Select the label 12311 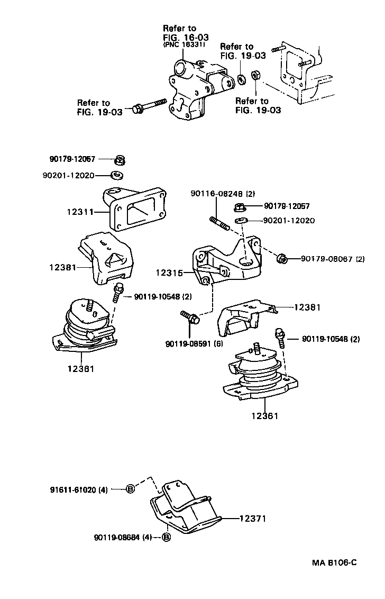coord(79,212)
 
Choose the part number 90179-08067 coord(327,259)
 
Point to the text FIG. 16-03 coord(186,38)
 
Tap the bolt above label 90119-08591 coord(191,317)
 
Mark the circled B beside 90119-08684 coord(166,538)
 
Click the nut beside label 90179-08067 coord(283,259)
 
